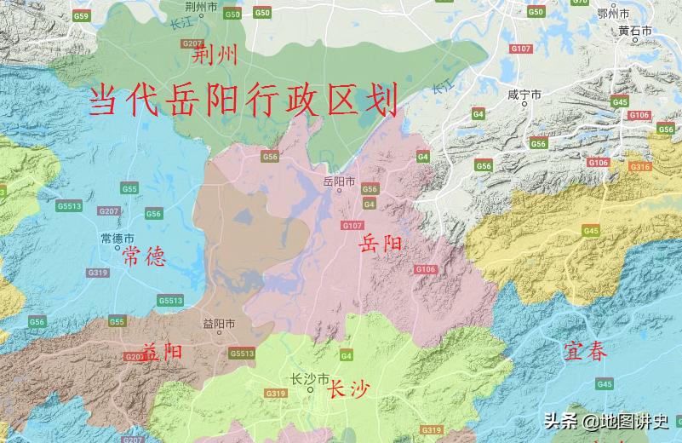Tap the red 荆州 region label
click(215, 57)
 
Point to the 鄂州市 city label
click(612, 14)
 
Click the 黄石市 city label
click(634, 31)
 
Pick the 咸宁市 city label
click(524, 95)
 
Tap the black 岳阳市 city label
click(340, 181)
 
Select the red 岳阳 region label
click(381, 243)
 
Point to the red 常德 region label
click(143, 258)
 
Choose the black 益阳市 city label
click(219, 324)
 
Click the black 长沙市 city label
click(307, 379)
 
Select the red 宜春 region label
click(585, 350)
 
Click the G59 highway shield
click(81, 16)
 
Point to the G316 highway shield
click(640, 167)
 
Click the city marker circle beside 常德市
click(117, 249)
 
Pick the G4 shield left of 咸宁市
click(479, 113)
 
